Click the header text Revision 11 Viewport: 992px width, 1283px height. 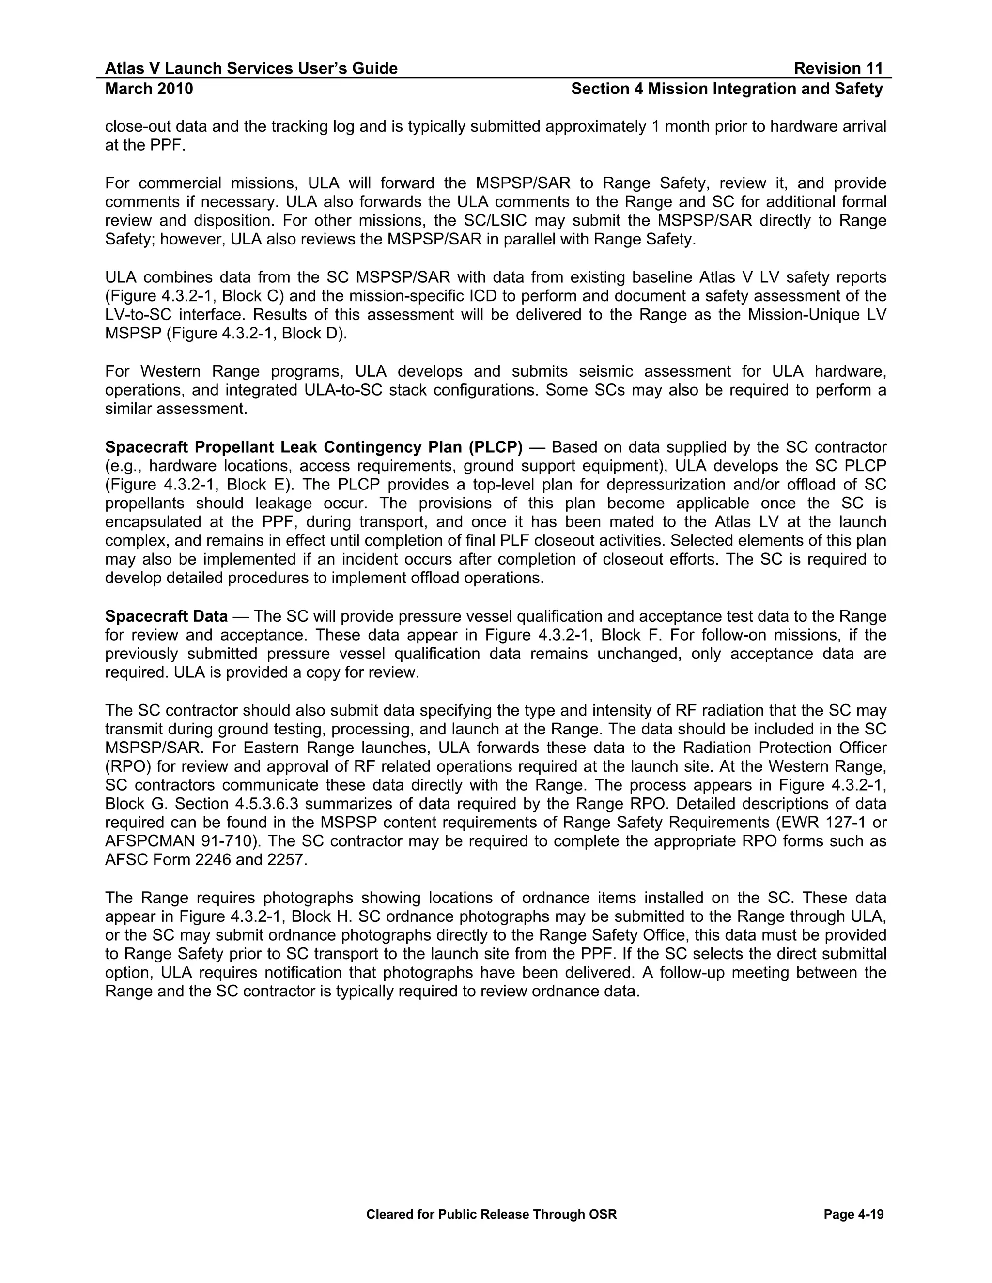click(x=838, y=69)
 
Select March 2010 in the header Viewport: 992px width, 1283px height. click(x=149, y=89)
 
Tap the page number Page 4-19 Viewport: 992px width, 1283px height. click(x=853, y=1214)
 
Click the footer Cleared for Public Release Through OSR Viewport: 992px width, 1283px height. click(x=491, y=1214)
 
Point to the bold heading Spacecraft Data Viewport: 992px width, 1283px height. click(x=166, y=616)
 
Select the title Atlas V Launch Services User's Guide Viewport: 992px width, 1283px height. click(x=251, y=69)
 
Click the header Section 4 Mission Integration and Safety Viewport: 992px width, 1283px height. click(x=727, y=89)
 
